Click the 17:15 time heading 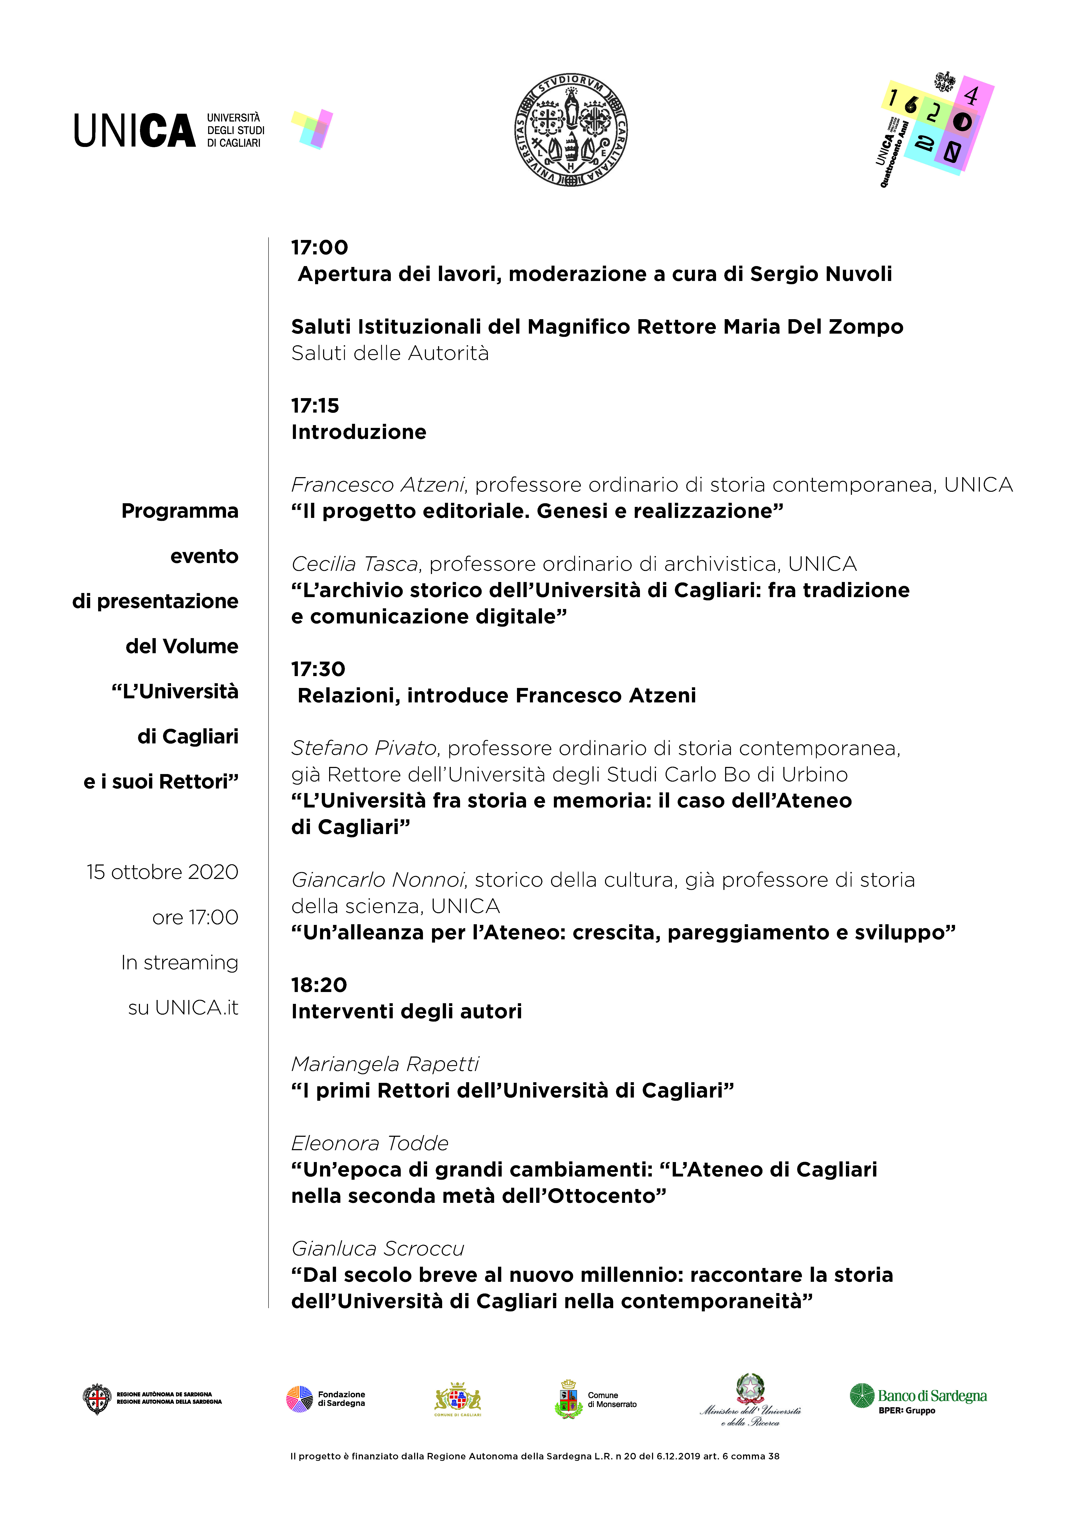coord(315,405)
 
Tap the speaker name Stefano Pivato coord(365,748)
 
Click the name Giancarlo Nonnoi coord(379,880)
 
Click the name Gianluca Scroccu coord(378,1248)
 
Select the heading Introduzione coord(359,432)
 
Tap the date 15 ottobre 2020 coord(162,872)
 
